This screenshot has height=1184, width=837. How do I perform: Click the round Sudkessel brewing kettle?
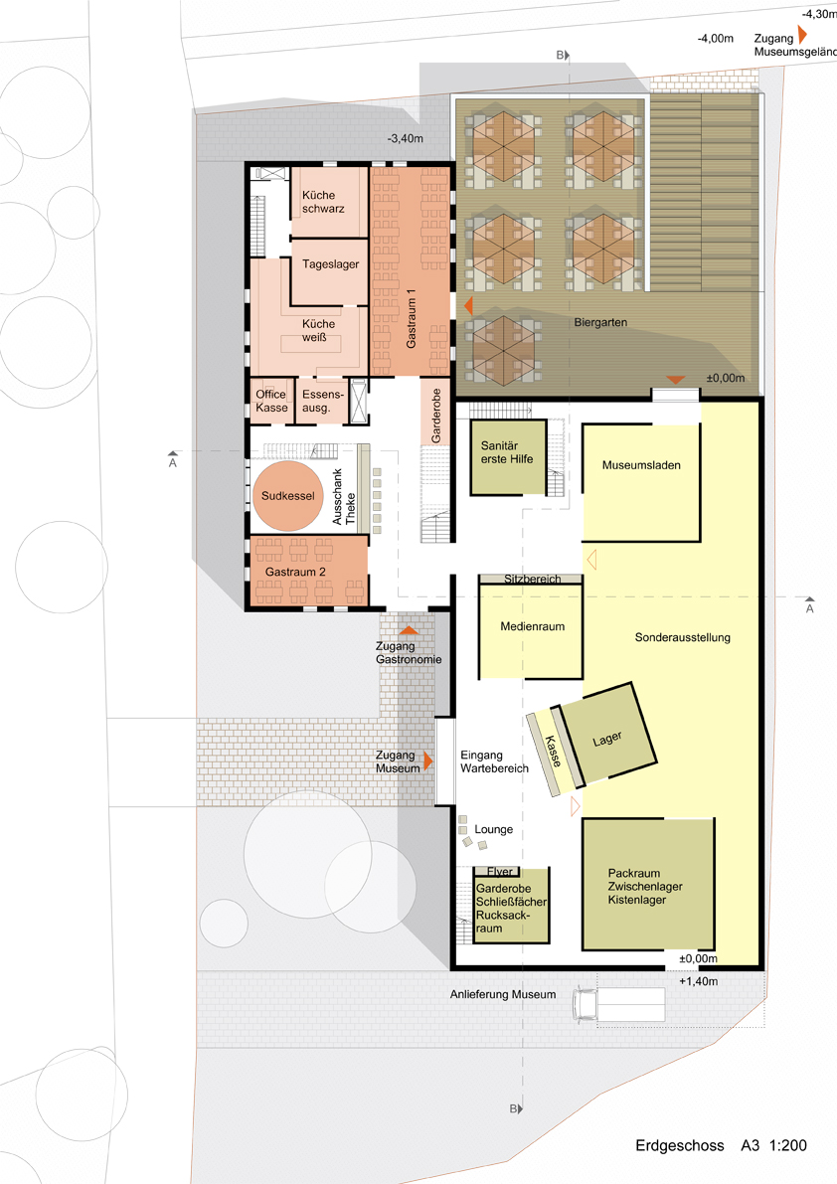coord(287,496)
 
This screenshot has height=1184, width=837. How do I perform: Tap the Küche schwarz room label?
coord(323,202)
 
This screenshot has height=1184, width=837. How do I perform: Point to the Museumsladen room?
coord(641,482)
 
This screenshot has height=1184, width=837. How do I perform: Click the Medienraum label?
coord(532,626)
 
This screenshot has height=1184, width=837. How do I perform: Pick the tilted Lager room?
coord(607,734)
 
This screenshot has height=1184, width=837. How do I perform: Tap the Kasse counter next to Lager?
coord(555,752)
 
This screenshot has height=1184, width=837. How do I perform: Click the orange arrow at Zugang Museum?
coord(427,761)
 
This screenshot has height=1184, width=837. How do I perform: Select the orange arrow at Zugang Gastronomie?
coord(409,629)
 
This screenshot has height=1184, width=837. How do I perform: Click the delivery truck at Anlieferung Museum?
coord(619,1005)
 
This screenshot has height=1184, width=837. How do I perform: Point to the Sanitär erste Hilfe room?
coord(507,457)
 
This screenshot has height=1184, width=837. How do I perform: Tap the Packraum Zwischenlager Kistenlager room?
coord(648,884)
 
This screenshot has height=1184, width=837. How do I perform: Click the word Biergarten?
coord(600,322)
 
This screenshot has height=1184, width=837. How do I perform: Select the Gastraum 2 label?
coord(295,573)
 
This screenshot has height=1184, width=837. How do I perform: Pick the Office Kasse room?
coord(271,401)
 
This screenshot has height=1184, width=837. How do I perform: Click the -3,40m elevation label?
coord(406,139)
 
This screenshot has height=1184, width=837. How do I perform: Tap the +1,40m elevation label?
coord(698,981)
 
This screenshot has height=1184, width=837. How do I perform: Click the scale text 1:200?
coord(788,1145)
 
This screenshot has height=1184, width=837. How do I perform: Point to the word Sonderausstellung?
coord(682,637)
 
